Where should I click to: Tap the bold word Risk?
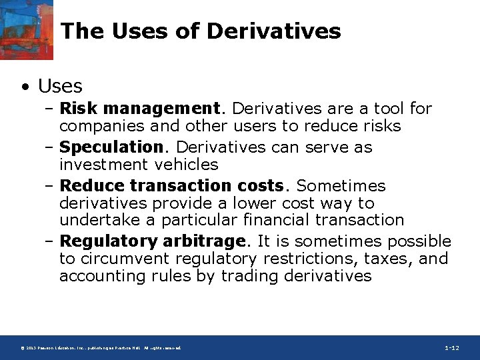pyautogui.click(x=79, y=108)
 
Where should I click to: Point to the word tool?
pyautogui.click(x=389, y=108)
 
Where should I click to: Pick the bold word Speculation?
pyautogui.click(x=111, y=147)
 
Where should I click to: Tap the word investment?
pyautogui.click(x=99, y=164)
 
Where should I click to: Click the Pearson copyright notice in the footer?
pyautogui.click(x=100, y=348)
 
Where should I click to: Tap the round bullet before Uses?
pyautogui.click(x=25, y=87)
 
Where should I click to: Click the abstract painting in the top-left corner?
pyautogui.click(x=27, y=30)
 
